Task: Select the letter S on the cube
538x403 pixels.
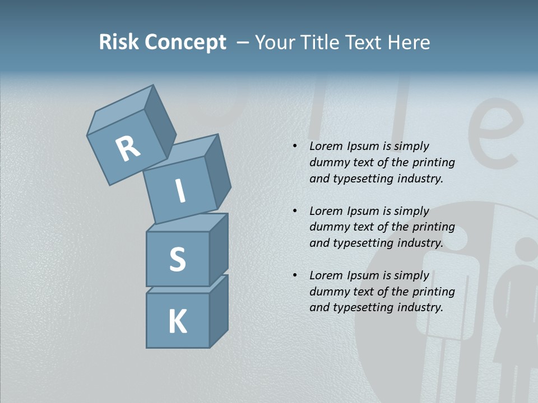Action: [177, 259]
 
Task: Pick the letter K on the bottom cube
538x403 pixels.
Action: [177, 321]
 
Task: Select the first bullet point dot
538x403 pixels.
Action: [295, 146]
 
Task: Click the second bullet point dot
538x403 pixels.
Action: [295, 211]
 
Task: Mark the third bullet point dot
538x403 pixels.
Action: [295, 275]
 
